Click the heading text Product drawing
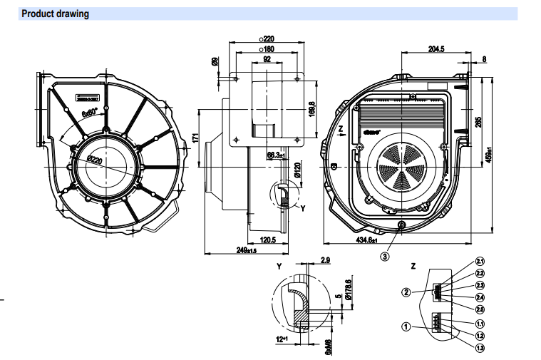coord(55,14)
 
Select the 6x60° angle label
coord(88,113)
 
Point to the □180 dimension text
coord(266,49)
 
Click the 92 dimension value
coord(267,61)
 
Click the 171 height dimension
coord(197,137)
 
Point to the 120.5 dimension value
coord(267,240)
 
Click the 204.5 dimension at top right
coord(436,49)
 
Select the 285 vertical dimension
coord(478,122)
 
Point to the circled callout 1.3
coord(480,347)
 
